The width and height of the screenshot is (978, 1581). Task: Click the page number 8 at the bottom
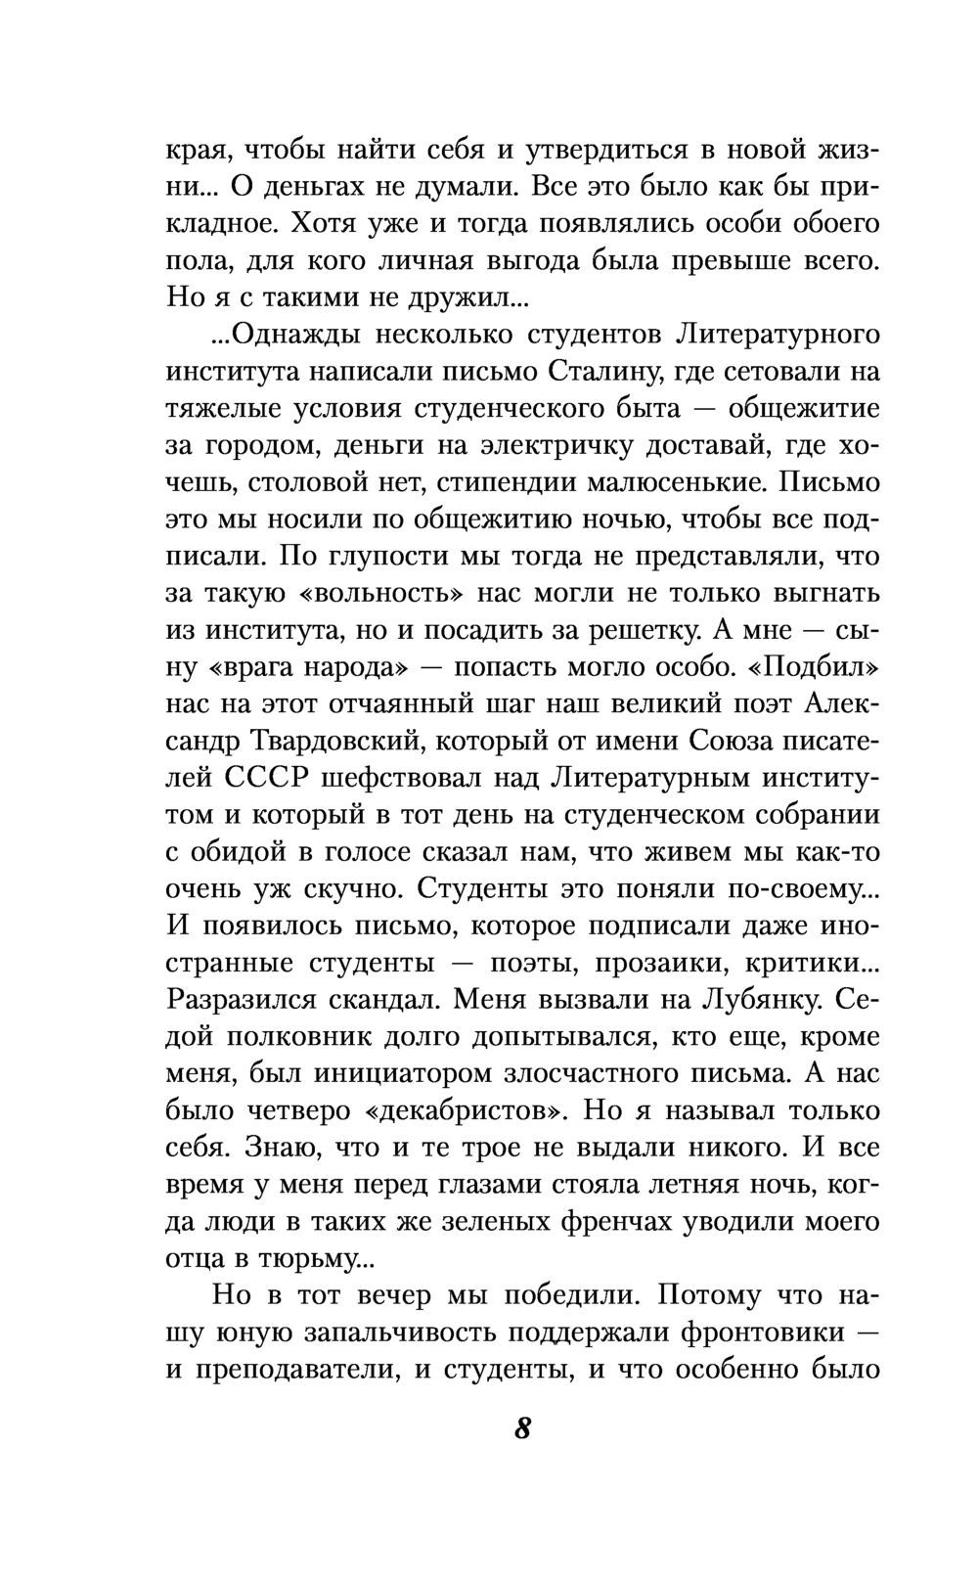coord(521,1428)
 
